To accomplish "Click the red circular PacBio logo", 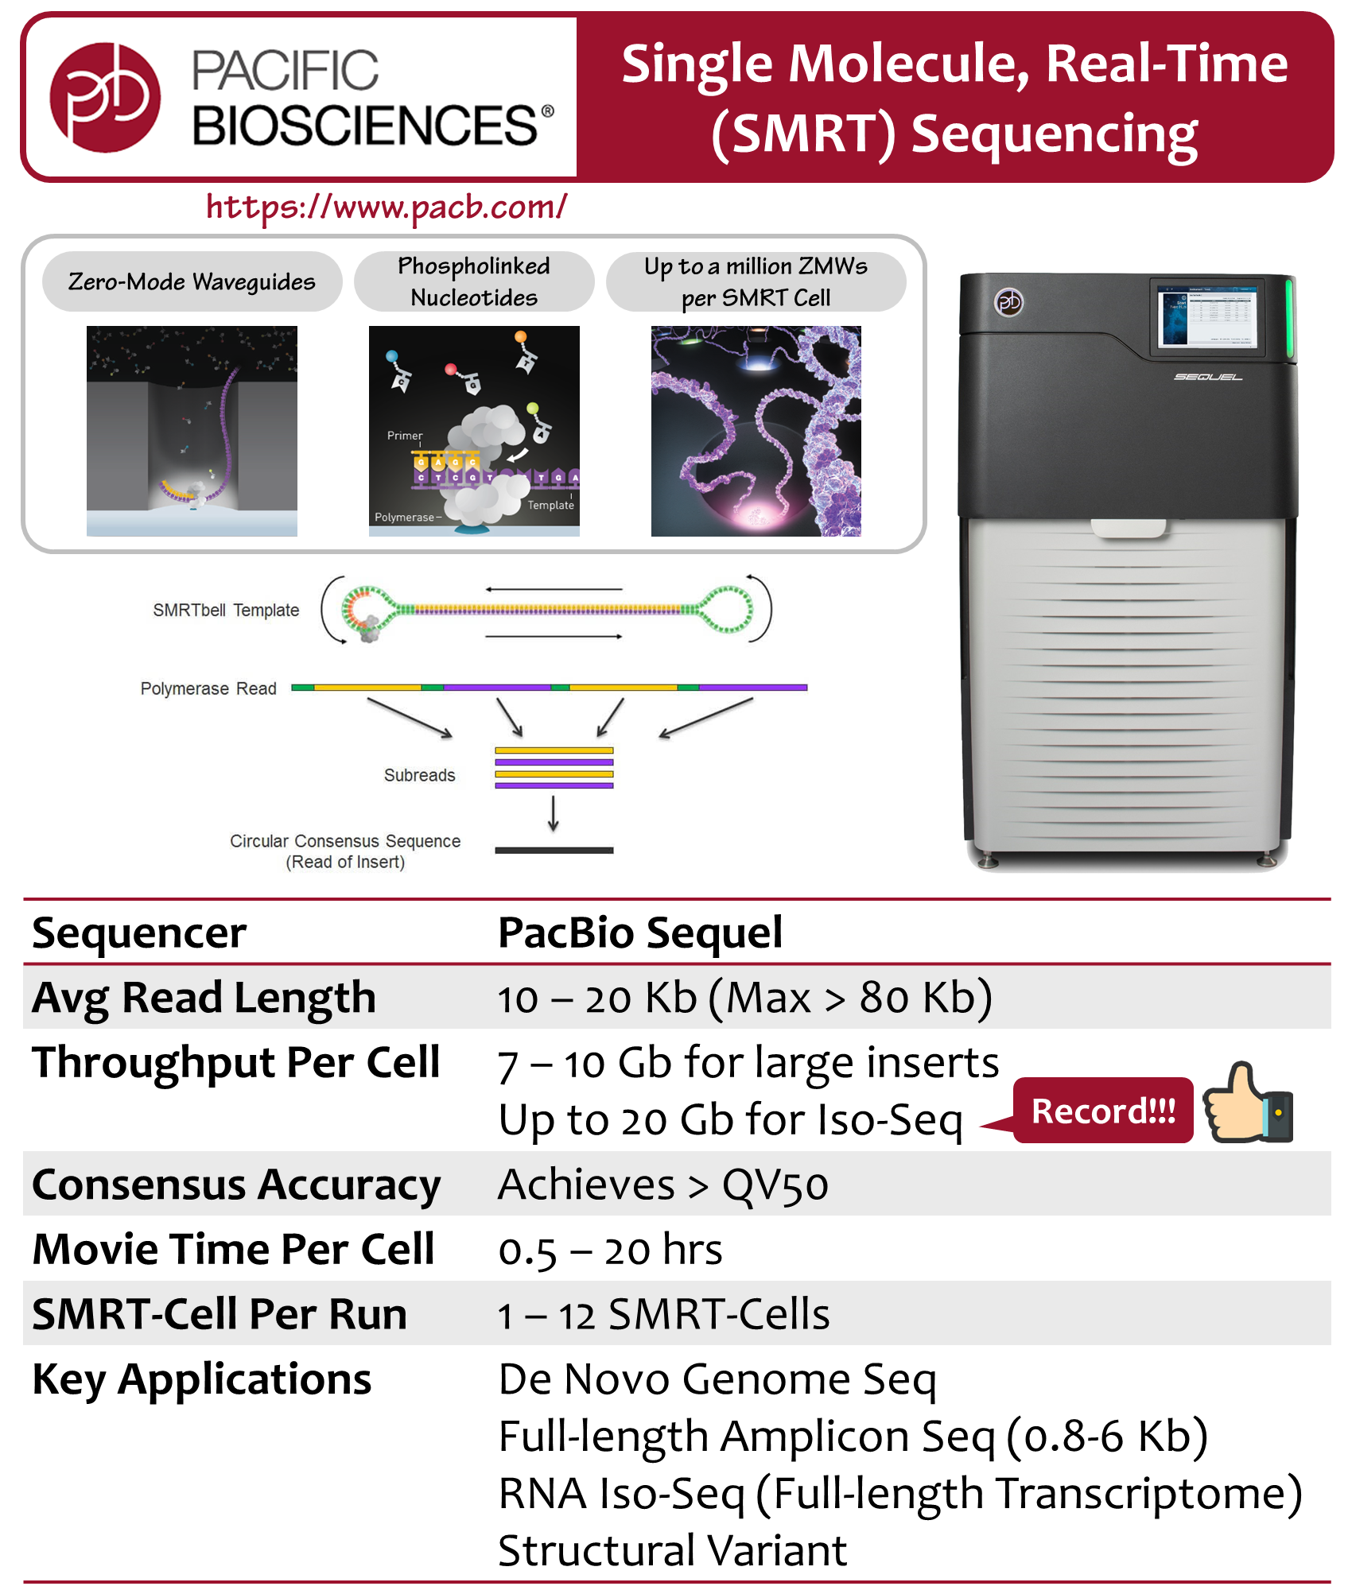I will (104, 97).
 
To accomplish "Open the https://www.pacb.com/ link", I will (387, 207).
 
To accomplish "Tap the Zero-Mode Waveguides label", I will (192, 281).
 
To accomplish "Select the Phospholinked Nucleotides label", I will (474, 281).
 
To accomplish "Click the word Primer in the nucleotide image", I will (405, 436).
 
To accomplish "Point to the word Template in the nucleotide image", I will (550, 505).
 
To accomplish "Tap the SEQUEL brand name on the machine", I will (1208, 377).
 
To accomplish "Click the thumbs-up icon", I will (1247, 1103).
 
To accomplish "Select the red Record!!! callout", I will (1103, 1111).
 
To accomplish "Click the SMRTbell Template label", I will (226, 611).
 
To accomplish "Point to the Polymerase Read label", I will (208, 688).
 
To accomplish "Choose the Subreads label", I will (419, 775).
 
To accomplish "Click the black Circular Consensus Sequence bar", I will (554, 851).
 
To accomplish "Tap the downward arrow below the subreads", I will (554, 813).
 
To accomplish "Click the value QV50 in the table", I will (775, 1185).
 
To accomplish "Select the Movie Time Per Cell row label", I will (234, 1250).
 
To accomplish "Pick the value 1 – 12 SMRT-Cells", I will (663, 1315).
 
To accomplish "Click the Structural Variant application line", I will (672, 1550).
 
